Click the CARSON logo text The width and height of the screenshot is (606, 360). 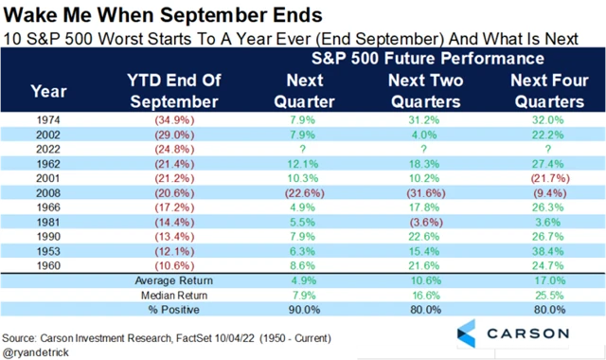pos(527,333)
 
